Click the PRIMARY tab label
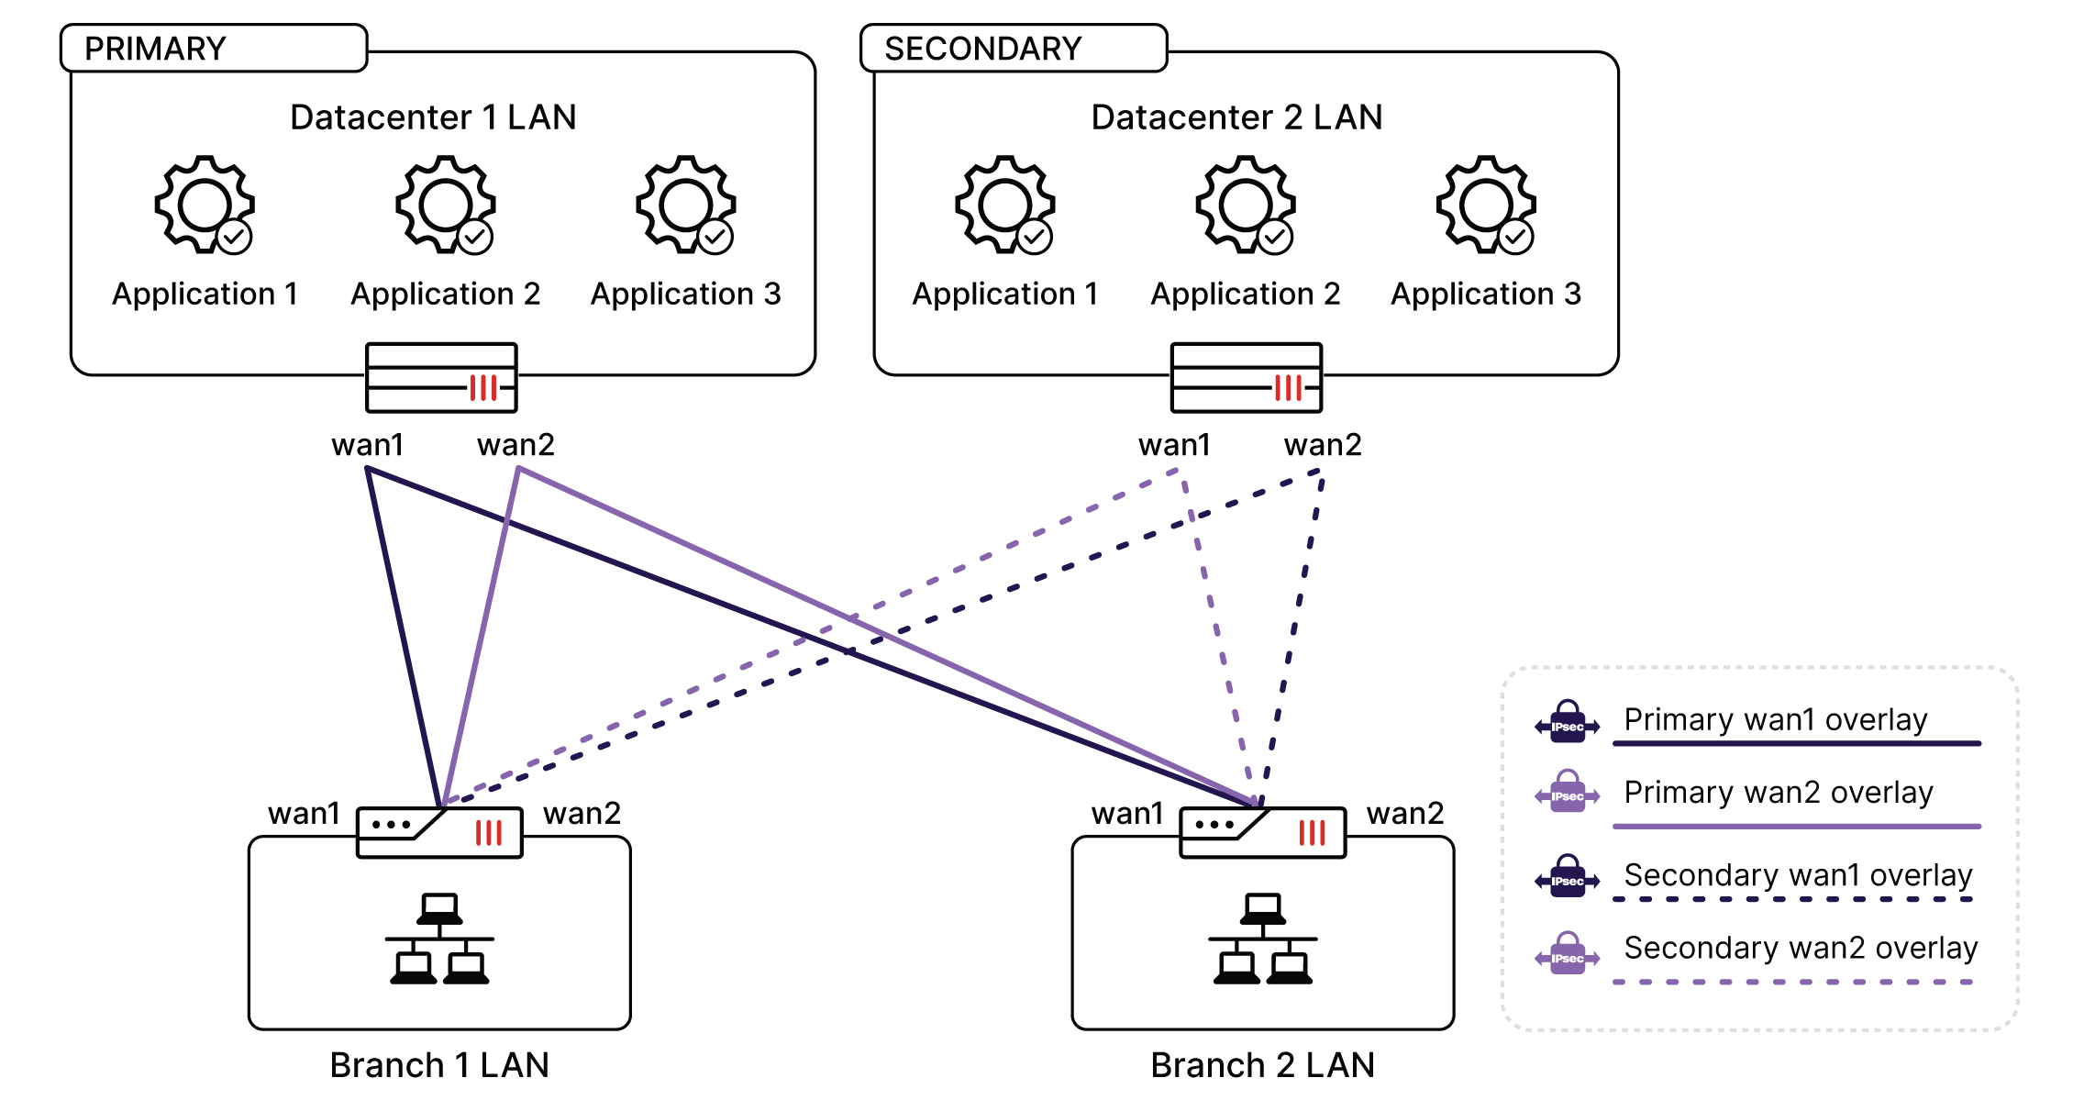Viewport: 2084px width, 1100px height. pyautogui.click(x=155, y=49)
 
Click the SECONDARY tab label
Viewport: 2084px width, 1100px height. pyautogui.click(x=982, y=49)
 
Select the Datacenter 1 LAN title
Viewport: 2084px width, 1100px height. pyautogui.click(x=433, y=117)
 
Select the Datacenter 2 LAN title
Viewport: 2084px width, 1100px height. pyautogui.click(x=1236, y=117)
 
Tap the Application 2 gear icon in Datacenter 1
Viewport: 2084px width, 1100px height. pyautogui.click(x=446, y=205)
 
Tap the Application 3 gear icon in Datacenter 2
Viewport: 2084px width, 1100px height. pyautogui.click(x=1486, y=205)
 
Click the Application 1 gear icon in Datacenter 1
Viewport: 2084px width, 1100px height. pyautogui.click(x=205, y=205)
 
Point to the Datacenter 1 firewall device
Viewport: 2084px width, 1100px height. pyautogui.click(x=441, y=378)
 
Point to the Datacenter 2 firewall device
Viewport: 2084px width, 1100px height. pyautogui.click(x=1247, y=378)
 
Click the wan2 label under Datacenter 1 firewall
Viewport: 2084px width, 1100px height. pyautogui.click(x=515, y=445)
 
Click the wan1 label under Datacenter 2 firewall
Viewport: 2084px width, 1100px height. pyautogui.click(x=1174, y=445)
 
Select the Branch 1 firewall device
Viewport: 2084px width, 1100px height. pyautogui.click(x=439, y=832)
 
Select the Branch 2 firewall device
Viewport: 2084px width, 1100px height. pyautogui.click(x=1263, y=832)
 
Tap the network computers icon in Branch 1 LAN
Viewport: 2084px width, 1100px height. pyautogui.click(x=439, y=939)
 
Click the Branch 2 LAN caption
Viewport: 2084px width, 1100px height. pyautogui.click(x=1262, y=1065)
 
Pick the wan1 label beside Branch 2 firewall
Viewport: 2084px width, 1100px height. pyautogui.click(x=1126, y=814)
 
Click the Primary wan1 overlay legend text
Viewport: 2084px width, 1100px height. pyautogui.click(x=1775, y=719)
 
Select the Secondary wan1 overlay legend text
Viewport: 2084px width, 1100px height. pyautogui.click(x=1798, y=875)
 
